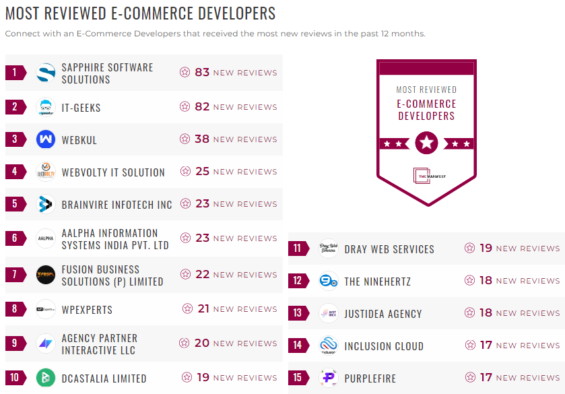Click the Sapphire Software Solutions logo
click(46, 73)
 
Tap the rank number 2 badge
click(15, 106)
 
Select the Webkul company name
click(79, 139)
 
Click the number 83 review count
click(202, 72)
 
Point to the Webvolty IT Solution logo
click(46, 172)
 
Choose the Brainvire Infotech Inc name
click(117, 205)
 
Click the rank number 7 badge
click(15, 274)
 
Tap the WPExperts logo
click(46, 309)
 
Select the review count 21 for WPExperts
click(204, 308)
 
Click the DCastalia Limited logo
click(46, 378)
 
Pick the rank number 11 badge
click(298, 249)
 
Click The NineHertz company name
click(377, 281)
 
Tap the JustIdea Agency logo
click(329, 313)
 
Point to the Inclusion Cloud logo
click(329, 346)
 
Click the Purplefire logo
click(329, 378)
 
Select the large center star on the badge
click(426, 143)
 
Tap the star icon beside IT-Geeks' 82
click(185, 106)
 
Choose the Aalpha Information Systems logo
click(46, 238)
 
